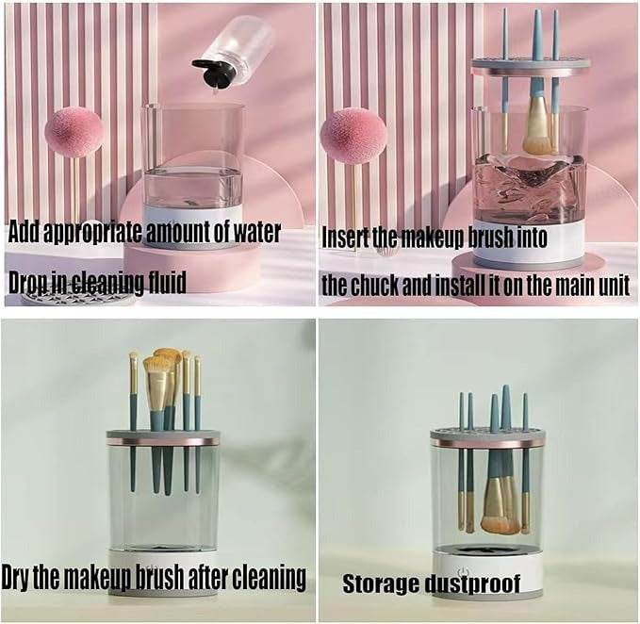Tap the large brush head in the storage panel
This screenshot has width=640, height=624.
click(x=500, y=509)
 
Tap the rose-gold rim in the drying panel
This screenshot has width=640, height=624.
click(x=162, y=440)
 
